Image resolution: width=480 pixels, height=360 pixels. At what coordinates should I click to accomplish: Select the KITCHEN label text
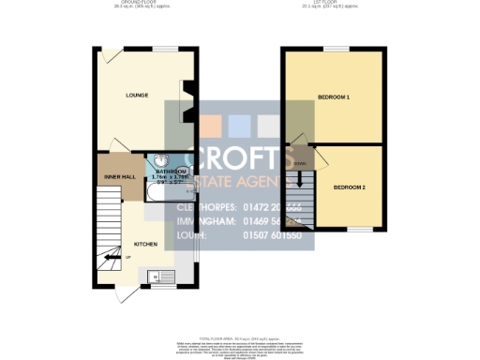(145, 243)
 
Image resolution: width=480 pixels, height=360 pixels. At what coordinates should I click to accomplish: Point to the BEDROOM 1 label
(333, 97)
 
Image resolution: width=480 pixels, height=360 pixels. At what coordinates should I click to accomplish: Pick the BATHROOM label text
(172, 171)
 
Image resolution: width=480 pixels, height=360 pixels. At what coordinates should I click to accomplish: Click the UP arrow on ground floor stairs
(115, 257)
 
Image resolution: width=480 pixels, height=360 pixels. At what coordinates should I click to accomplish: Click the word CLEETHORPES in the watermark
(201, 205)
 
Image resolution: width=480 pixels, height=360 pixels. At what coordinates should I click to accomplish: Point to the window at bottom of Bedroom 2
(359, 230)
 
